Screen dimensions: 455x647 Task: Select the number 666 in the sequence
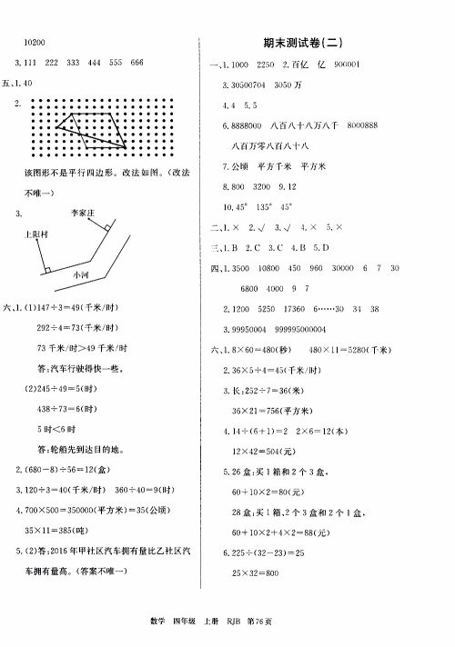[x=137, y=62]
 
